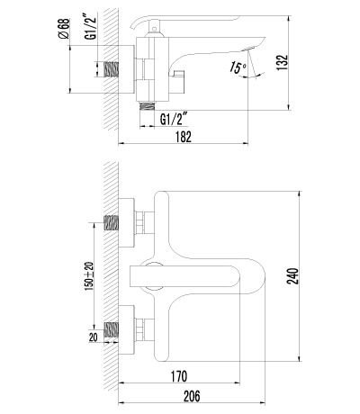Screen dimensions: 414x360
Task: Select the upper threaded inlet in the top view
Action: coord(113,224)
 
